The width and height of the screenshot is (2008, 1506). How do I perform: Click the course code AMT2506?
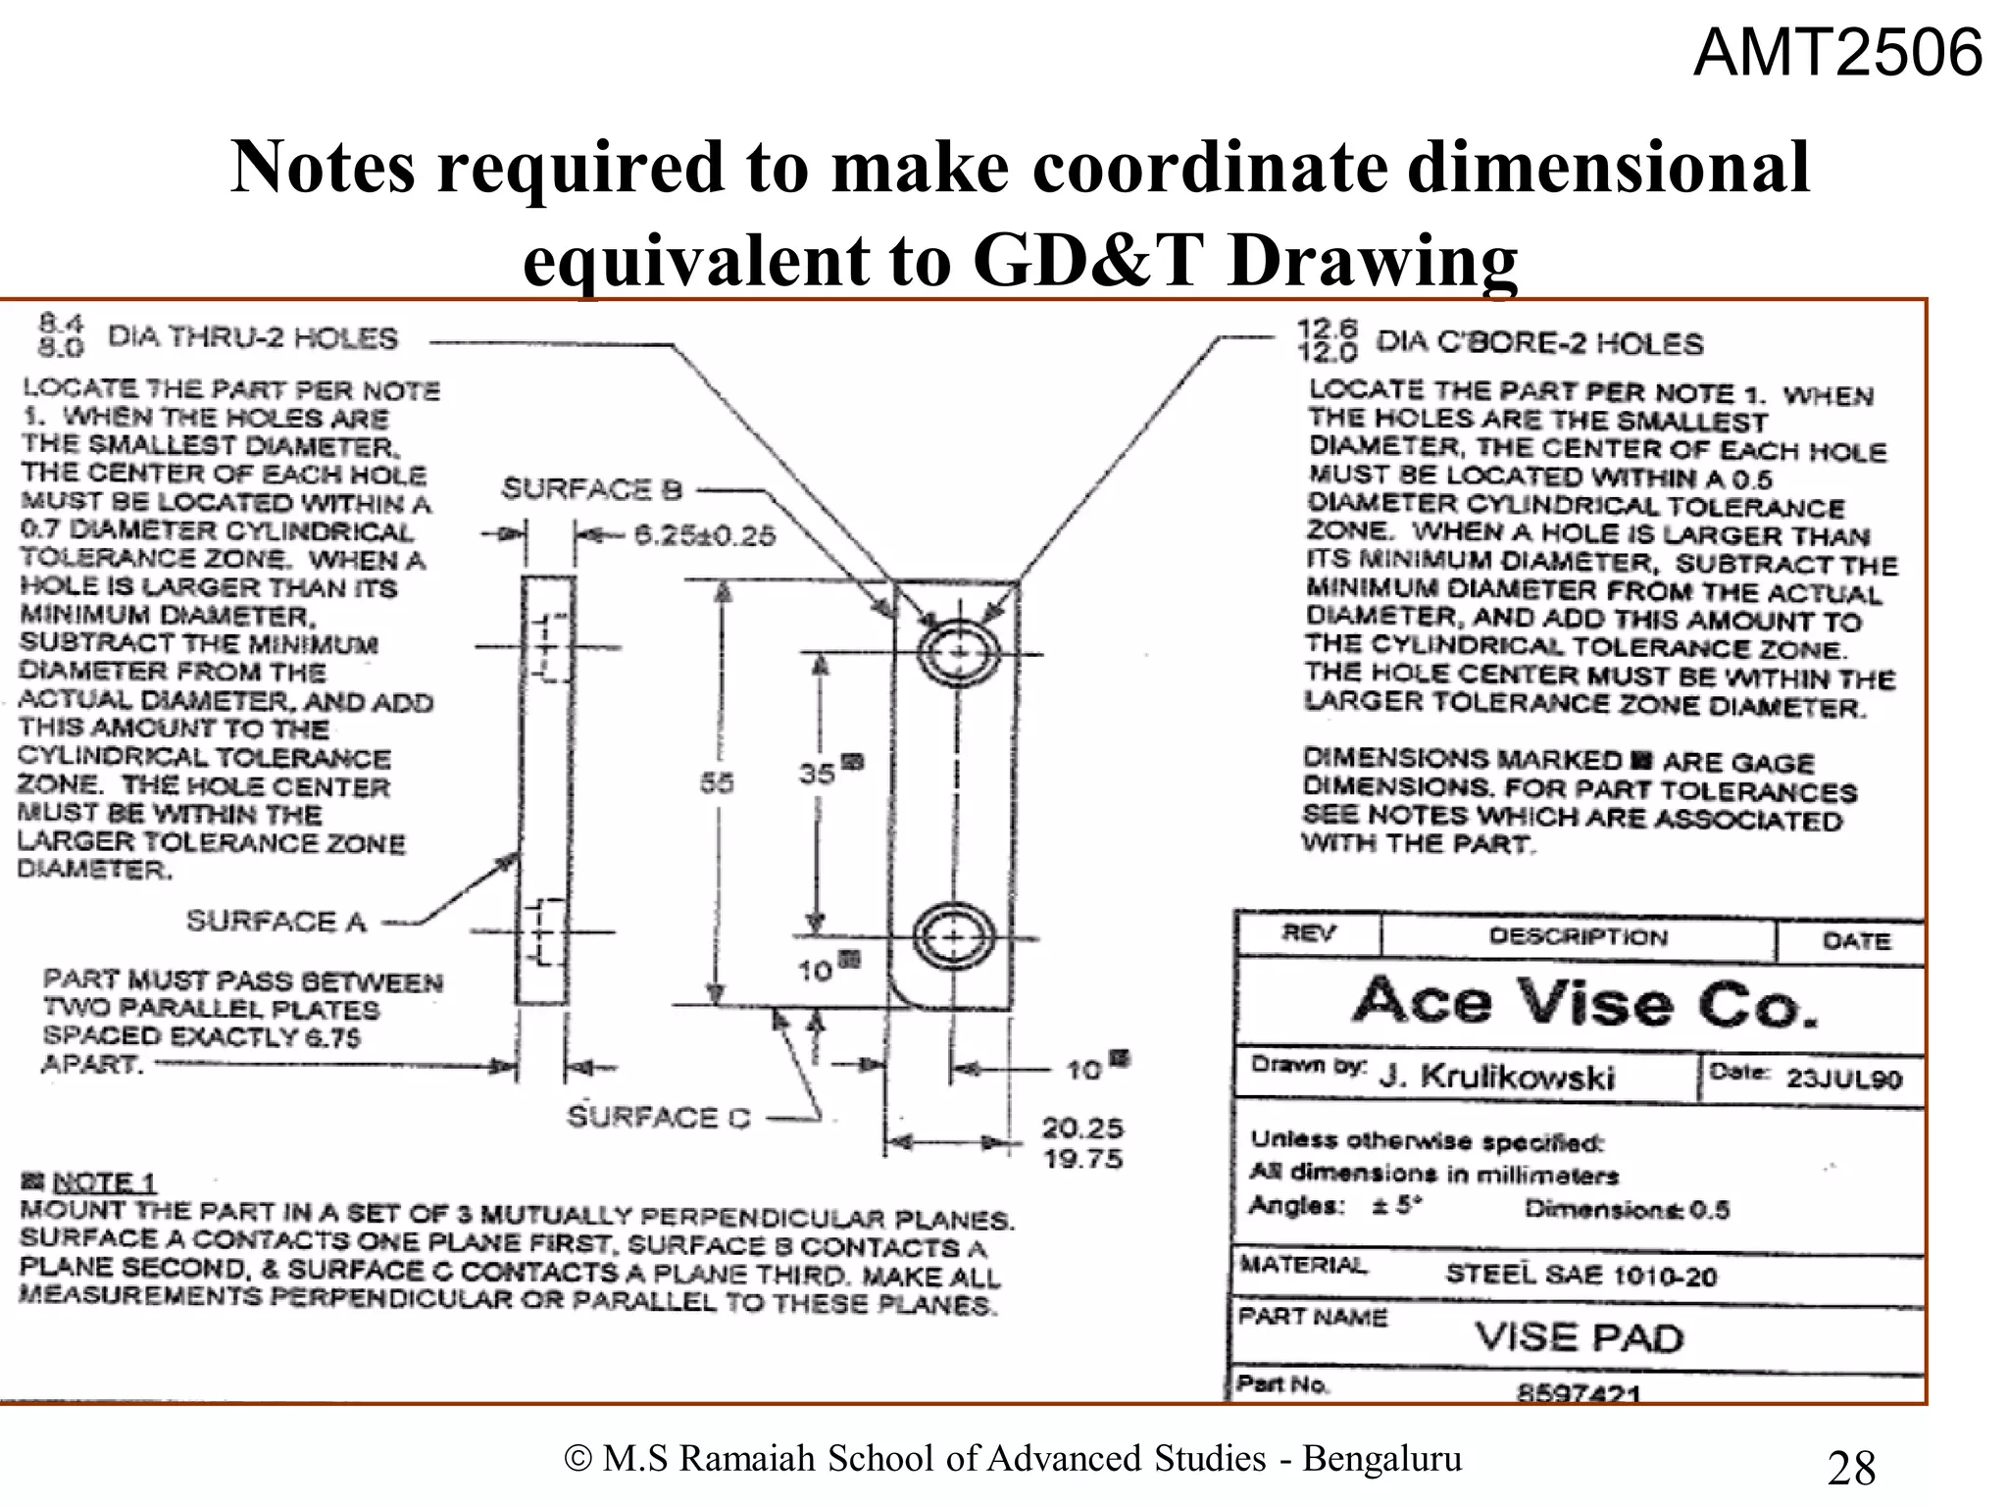[1837, 53]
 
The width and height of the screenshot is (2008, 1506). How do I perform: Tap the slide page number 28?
[1851, 1468]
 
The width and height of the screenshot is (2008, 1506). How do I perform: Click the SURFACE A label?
[276, 922]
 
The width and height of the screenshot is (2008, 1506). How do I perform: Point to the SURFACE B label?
[591, 489]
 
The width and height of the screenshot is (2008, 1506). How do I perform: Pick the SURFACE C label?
[658, 1118]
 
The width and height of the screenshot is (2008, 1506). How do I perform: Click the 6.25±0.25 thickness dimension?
[704, 535]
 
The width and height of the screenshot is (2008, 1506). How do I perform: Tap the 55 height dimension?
[717, 783]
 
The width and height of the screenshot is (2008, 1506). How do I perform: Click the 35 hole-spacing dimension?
[817, 774]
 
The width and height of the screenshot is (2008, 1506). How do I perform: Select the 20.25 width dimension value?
[1082, 1129]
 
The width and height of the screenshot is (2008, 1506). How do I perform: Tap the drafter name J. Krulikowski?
[1496, 1078]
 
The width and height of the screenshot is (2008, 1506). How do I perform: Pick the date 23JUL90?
[1843, 1079]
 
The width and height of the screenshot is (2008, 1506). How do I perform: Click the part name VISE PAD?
[1579, 1337]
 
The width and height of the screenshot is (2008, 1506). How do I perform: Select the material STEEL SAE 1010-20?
[1581, 1276]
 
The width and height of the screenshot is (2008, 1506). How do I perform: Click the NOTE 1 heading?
[104, 1182]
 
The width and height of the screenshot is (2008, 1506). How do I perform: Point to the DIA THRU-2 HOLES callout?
[252, 338]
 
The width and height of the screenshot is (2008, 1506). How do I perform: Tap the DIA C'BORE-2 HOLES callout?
[1539, 343]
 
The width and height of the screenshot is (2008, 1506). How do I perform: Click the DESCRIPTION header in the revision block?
[1578, 936]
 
